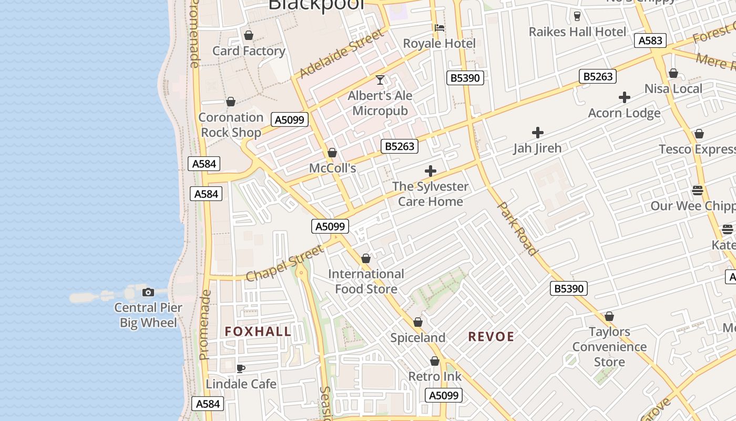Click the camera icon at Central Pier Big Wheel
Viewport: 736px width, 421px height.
[x=148, y=292]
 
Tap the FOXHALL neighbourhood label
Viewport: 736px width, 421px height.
[x=258, y=331]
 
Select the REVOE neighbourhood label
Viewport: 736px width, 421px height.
[x=491, y=336]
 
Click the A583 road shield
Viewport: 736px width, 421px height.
[x=650, y=41]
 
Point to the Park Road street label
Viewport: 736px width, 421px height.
[x=518, y=228]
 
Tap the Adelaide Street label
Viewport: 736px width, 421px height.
[x=342, y=54]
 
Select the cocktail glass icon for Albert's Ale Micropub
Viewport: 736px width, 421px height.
[x=380, y=80]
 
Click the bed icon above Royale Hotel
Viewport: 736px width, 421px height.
[x=439, y=27]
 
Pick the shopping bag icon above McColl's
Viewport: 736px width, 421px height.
[x=332, y=153]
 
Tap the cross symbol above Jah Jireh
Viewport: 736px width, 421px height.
[x=537, y=133]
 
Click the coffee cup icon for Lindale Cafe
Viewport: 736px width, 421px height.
[x=241, y=368]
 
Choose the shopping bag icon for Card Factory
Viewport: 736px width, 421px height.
[x=249, y=35]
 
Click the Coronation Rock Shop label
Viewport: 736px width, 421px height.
[x=231, y=125]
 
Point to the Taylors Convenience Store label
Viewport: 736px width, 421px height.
[x=609, y=346]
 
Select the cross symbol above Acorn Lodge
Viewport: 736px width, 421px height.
[x=625, y=97]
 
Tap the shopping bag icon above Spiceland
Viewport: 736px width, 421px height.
[x=418, y=322]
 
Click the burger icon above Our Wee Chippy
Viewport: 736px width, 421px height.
[x=698, y=190]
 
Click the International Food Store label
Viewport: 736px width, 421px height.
[x=366, y=281]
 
